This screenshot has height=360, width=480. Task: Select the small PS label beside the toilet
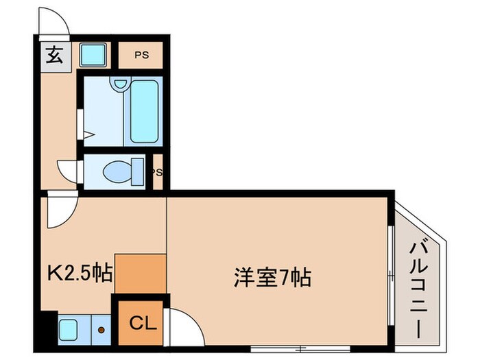point(157,172)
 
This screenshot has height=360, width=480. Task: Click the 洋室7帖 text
point(272,278)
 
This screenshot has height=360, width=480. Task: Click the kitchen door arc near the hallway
point(60,213)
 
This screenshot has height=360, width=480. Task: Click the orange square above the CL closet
point(140,273)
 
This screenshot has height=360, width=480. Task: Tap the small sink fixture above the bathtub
point(121,84)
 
